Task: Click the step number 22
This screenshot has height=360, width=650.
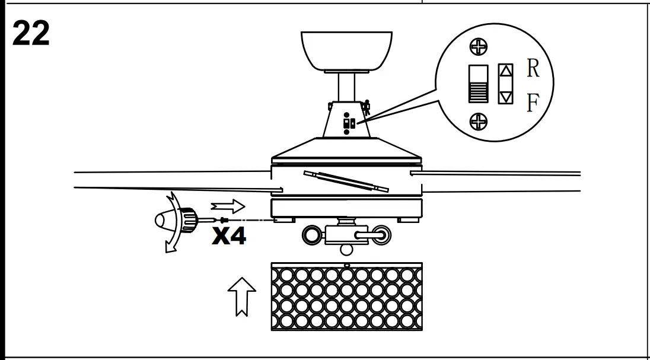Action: [31, 35]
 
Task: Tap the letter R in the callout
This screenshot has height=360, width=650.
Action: [533, 70]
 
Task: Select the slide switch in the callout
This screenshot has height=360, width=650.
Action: [478, 84]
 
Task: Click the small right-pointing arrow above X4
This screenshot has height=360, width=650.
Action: [228, 206]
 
